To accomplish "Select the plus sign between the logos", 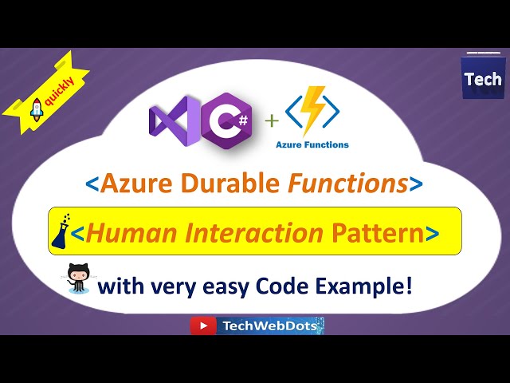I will (x=271, y=120).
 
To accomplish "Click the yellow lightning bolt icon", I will (x=312, y=111).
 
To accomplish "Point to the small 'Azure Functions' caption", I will (x=312, y=145).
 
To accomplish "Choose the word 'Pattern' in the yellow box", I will (x=379, y=233).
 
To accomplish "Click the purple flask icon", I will (x=61, y=233).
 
